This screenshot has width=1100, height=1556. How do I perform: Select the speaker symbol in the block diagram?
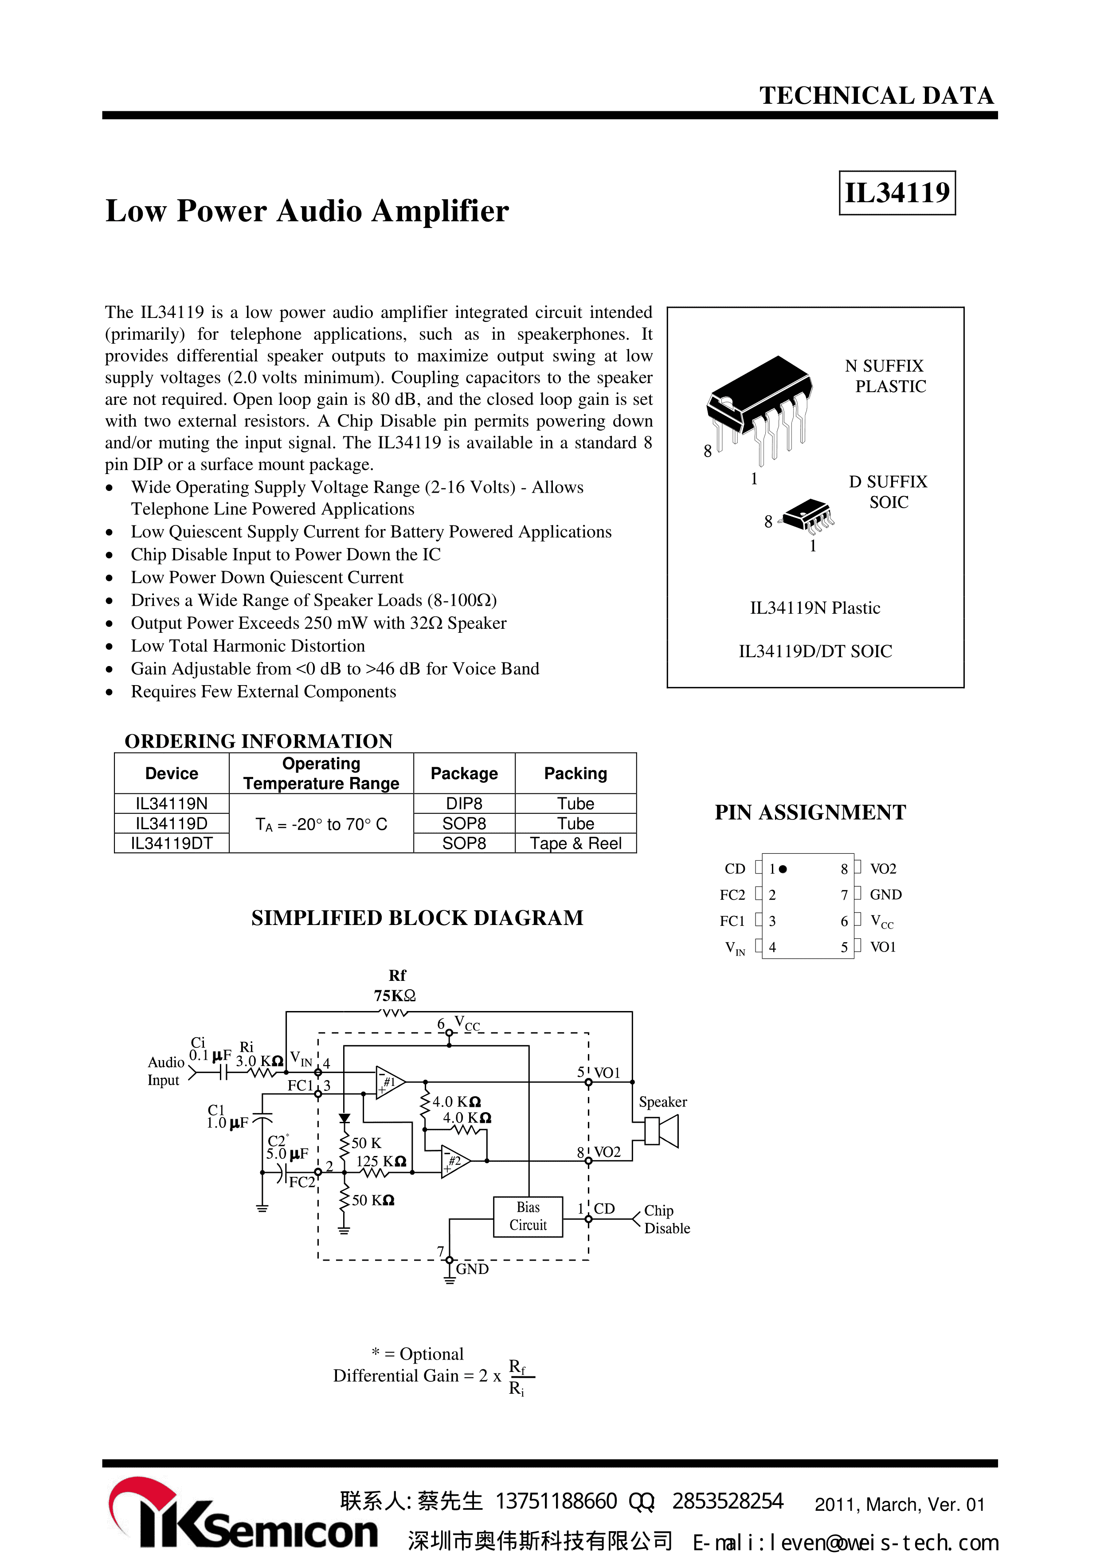point(661,1131)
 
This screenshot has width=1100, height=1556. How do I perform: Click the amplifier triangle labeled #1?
point(390,1082)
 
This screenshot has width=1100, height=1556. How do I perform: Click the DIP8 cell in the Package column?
point(464,804)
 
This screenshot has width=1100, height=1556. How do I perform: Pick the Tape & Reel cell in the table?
point(575,844)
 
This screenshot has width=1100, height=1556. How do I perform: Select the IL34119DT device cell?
point(172,844)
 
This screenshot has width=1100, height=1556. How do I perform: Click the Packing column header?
point(575,773)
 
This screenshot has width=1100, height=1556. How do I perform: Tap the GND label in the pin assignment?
point(885,894)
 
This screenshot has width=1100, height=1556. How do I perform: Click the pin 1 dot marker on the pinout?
point(783,869)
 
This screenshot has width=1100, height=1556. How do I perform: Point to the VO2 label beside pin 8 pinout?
point(883,869)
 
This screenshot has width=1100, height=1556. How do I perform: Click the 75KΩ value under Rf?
point(395,996)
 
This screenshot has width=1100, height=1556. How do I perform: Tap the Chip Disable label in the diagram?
point(666,1219)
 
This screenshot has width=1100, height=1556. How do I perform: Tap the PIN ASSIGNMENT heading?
point(810,812)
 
